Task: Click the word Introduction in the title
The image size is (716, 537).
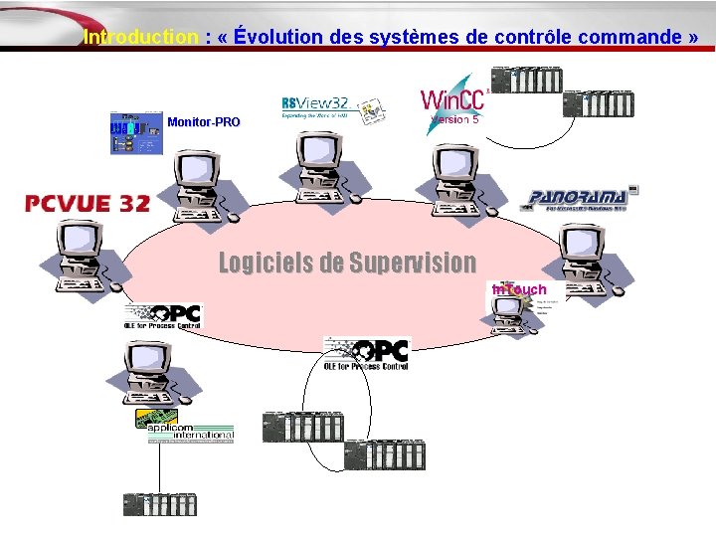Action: point(141,38)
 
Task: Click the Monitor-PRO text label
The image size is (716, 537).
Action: point(204,122)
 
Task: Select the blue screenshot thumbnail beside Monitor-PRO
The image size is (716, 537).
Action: point(136,133)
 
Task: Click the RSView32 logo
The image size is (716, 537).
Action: point(331,109)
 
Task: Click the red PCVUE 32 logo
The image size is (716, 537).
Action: point(89,204)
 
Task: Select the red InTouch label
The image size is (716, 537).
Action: point(519,289)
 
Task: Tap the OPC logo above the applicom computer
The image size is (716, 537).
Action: point(163,317)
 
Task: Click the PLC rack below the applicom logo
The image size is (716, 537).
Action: point(160,504)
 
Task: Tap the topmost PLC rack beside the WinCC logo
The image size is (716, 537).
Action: point(527,80)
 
